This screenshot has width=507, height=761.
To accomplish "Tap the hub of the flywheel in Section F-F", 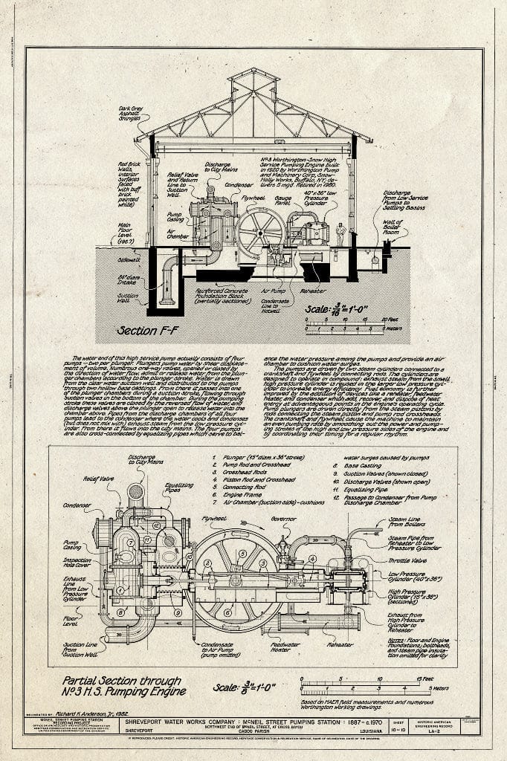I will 260,231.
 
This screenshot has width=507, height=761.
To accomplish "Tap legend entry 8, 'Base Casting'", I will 361,467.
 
